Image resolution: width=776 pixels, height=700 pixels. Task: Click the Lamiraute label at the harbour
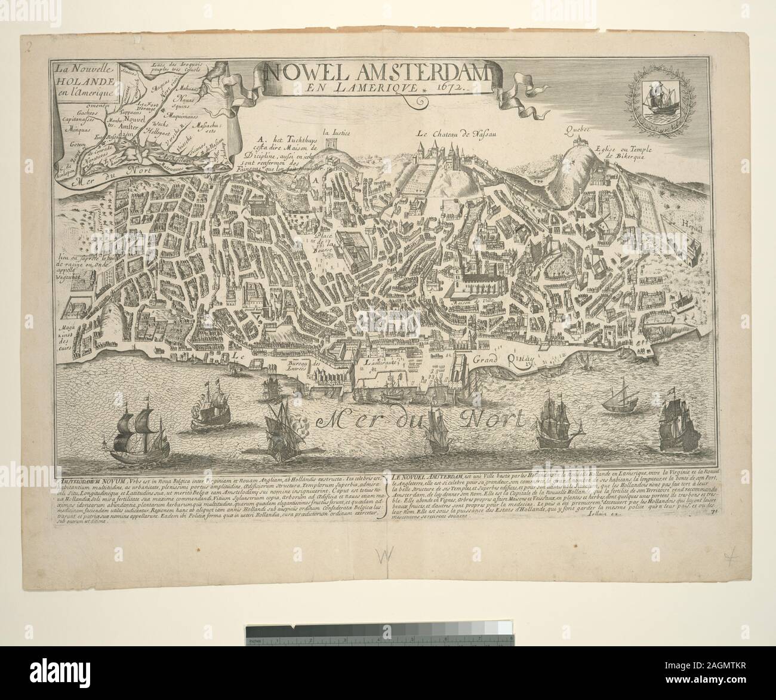pyautogui.click(x=383, y=363)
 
